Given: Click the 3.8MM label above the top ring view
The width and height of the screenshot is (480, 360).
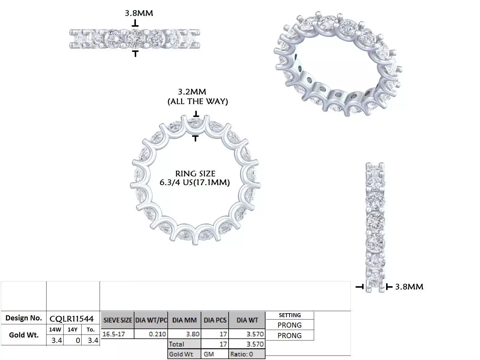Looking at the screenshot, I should coord(139,13).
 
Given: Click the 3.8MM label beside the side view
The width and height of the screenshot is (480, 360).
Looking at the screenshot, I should coord(409,287).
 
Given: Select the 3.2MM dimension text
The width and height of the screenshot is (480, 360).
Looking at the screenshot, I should coord(192,91).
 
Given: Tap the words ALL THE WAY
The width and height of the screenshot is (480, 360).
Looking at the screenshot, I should coord(197,101).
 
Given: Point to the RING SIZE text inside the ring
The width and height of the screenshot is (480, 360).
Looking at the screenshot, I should coord(195,173).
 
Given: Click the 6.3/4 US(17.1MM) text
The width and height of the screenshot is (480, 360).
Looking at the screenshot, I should coord(194,182).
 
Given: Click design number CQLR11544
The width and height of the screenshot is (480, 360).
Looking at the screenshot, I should coord(72,318).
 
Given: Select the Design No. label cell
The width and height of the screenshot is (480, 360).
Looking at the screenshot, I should coord(24,318).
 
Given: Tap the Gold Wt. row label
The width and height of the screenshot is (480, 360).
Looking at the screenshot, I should coord(24,335).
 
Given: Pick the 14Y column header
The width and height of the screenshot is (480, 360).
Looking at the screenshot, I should coord(72,329).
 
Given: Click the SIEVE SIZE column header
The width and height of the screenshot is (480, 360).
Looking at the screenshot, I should coord(118,320).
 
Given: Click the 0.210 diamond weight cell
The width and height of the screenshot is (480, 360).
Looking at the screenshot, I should coord(157,334).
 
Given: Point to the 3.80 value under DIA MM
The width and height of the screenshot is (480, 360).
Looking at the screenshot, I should coord(193,334).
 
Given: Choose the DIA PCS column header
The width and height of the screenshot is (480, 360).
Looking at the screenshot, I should coord(215,320).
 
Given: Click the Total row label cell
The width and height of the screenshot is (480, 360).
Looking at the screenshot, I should coord(177,344).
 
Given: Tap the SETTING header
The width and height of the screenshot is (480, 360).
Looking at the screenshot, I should coord(289,315).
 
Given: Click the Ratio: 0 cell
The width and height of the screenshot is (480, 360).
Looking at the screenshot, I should coord(242,354).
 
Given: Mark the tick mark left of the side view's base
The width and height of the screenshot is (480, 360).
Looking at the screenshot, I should coord(360,287).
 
